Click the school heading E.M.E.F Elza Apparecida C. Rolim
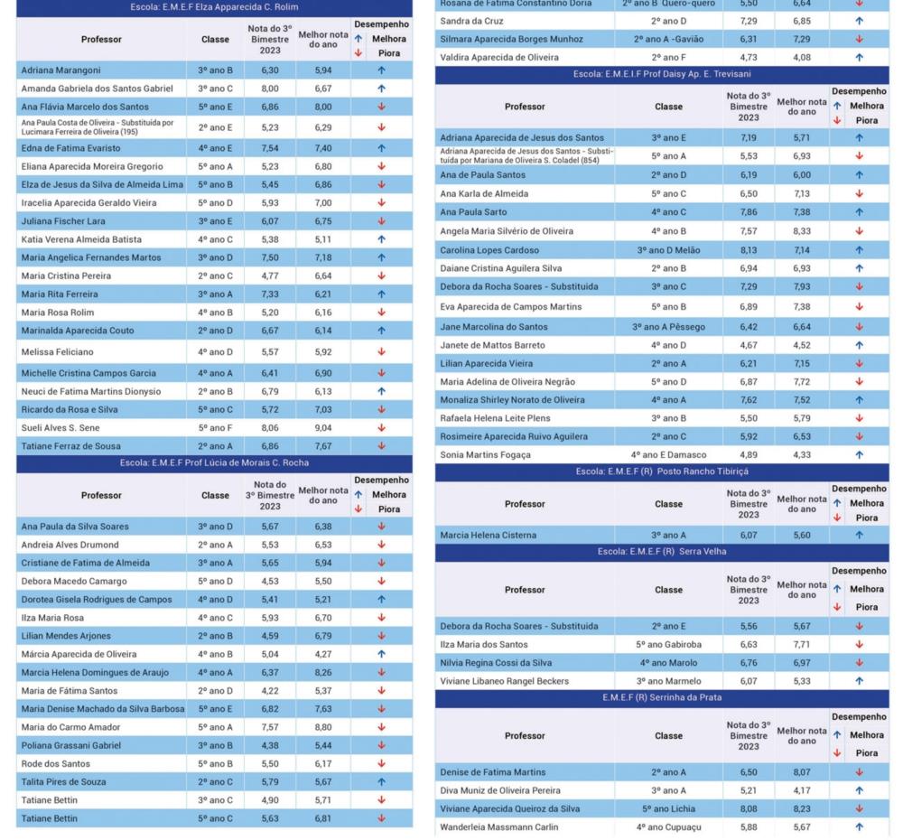pos(214,7)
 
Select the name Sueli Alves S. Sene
pos(61,428)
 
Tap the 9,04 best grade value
pos(323,428)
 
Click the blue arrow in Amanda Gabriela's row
pos(381,89)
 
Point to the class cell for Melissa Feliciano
pos(216,352)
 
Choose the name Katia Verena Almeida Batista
pos(81,239)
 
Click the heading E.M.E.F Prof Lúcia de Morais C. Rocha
pos(214,463)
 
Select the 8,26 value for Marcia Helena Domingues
pos(323,672)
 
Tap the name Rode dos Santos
pos(56,764)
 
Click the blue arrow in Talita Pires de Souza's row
pos(381,782)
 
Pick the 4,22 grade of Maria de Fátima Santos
pos(270,691)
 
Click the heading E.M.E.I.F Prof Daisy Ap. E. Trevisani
pos(662,74)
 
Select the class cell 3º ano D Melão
pos(668,250)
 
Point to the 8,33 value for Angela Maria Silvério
pos(802,231)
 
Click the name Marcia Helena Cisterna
pos(488,536)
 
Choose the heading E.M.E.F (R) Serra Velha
pos(662,552)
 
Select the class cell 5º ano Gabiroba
pos(668,645)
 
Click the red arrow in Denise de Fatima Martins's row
pos(860,772)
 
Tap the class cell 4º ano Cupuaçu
pos(668,827)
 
